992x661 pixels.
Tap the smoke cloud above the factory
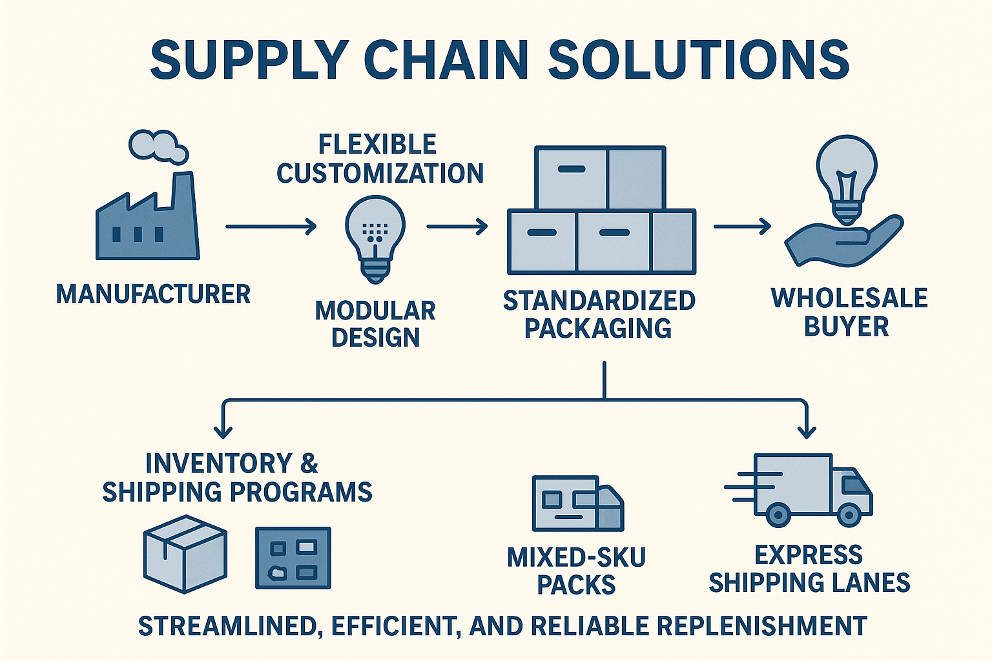(x=158, y=146)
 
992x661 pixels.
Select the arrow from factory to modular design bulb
(x=271, y=227)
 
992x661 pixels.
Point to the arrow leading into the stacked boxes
(x=457, y=227)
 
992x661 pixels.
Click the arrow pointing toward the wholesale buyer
(x=742, y=227)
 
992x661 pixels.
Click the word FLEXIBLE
(x=378, y=144)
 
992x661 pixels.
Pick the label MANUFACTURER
(x=153, y=294)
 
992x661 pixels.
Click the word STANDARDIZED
(x=599, y=301)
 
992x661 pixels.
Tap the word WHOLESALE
(x=849, y=298)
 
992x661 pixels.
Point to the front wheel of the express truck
(x=848, y=514)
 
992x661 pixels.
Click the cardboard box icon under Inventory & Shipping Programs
(x=185, y=554)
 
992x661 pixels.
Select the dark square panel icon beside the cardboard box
(x=293, y=558)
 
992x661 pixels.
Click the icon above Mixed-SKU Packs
(x=577, y=503)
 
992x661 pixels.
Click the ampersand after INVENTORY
(x=309, y=463)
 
